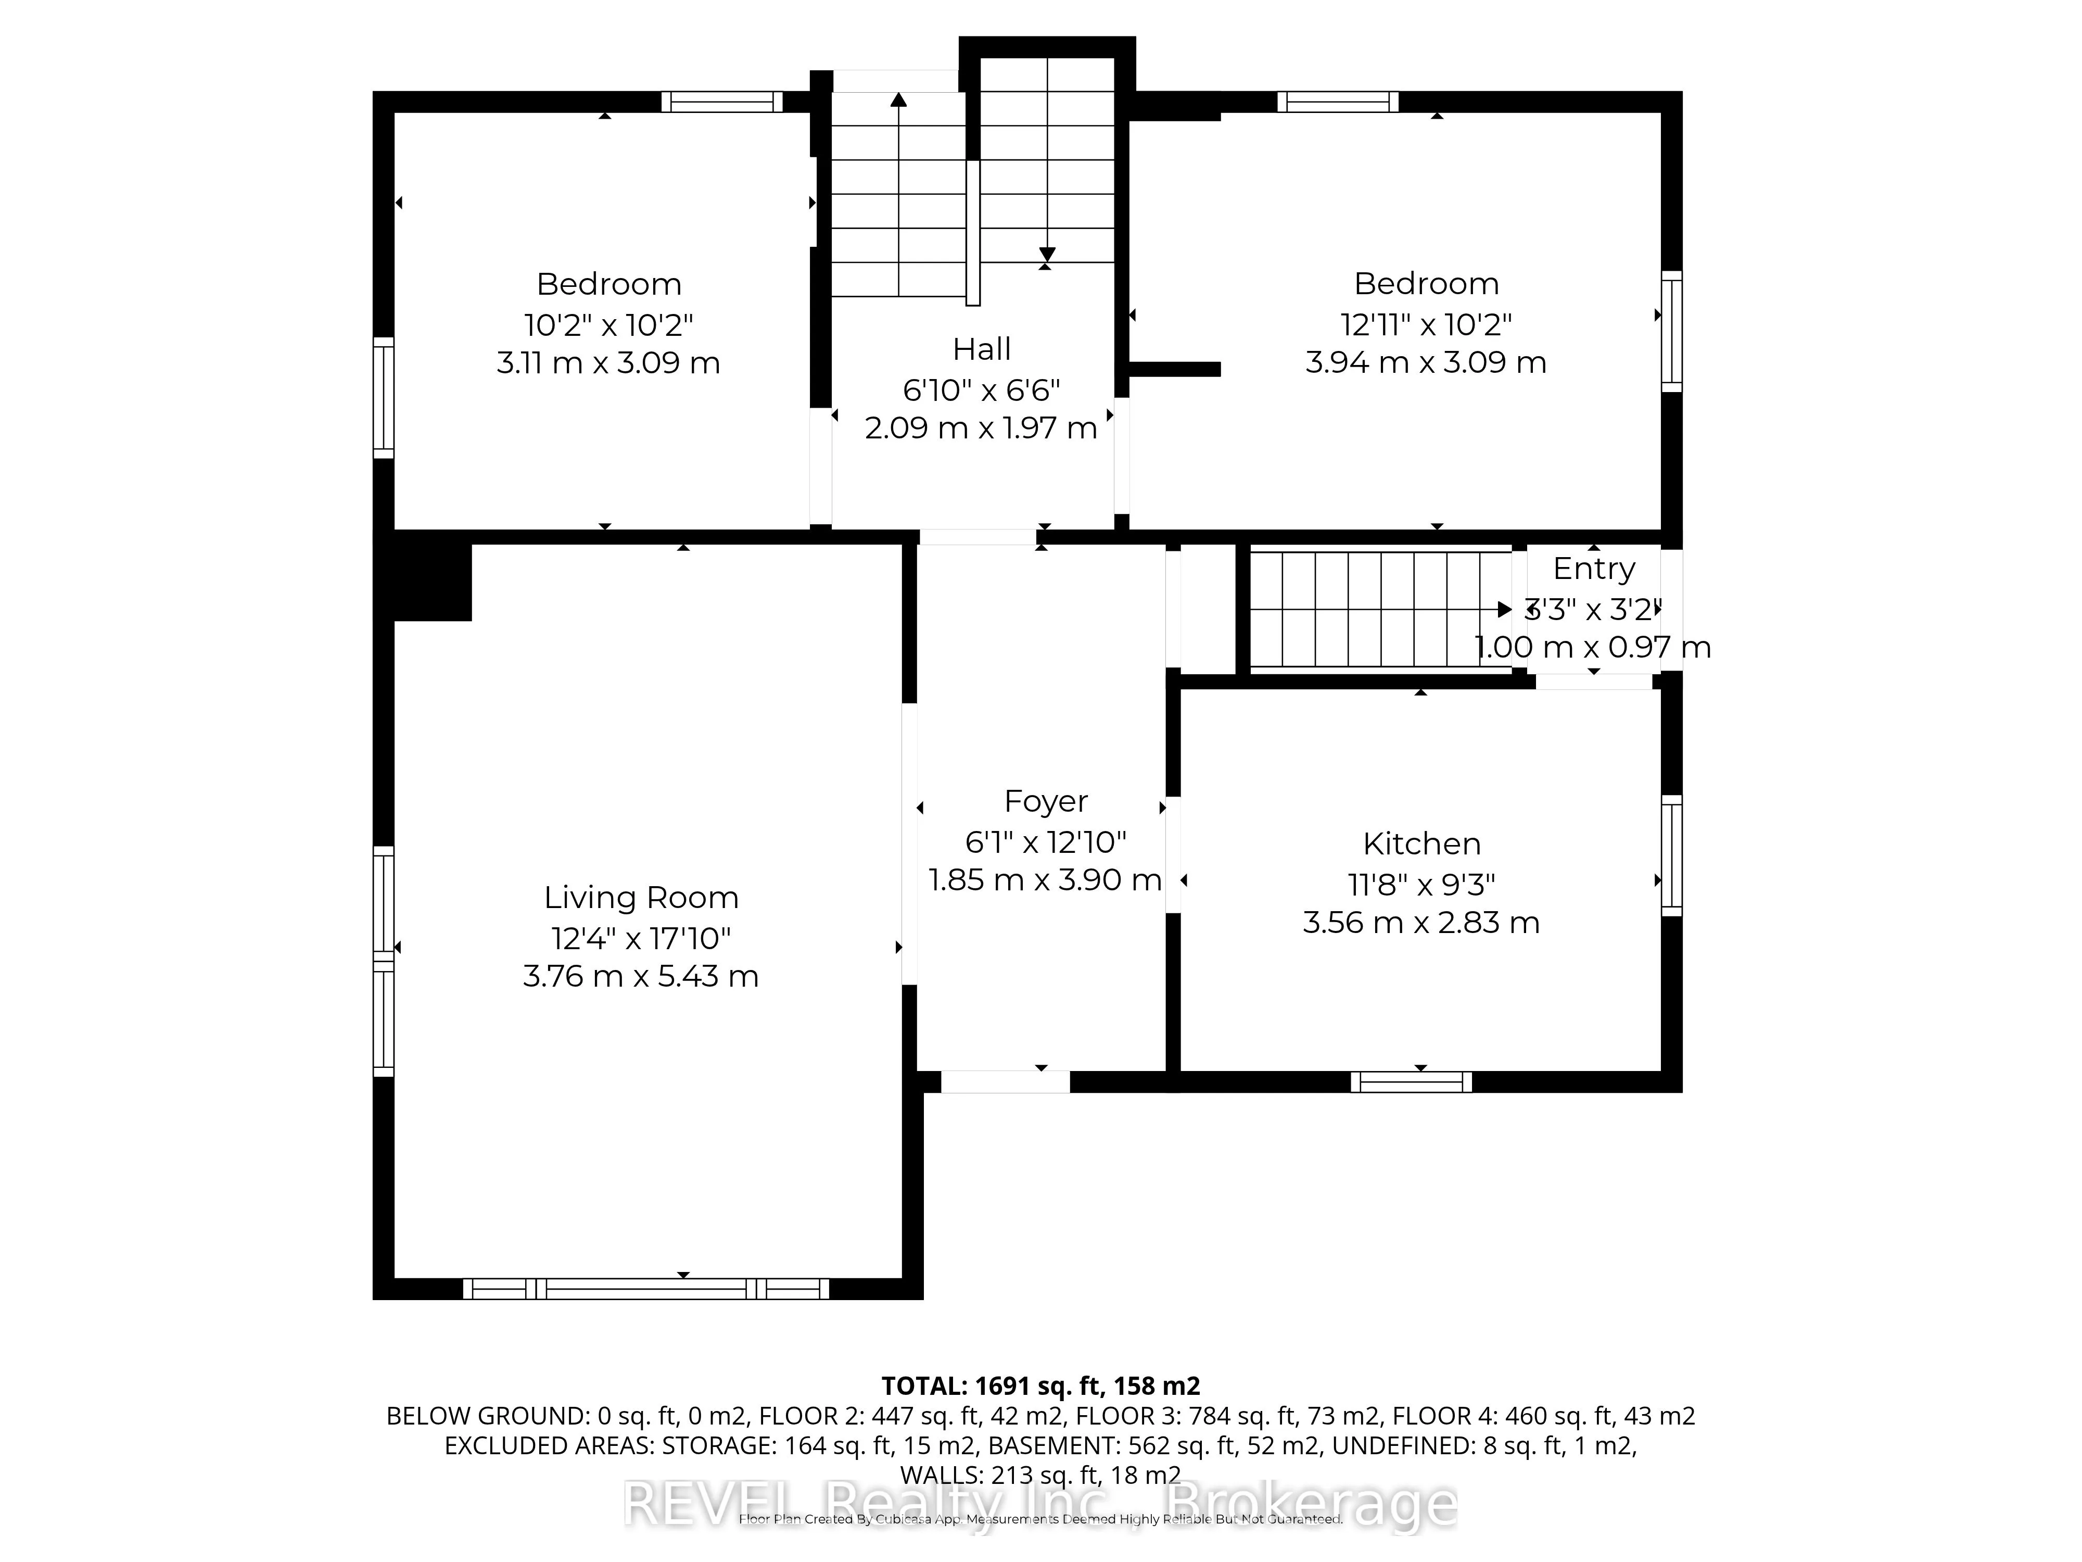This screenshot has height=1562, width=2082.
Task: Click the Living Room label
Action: point(641,897)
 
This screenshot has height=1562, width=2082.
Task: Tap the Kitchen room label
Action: point(1421,843)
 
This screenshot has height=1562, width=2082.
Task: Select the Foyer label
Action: point(1046,801)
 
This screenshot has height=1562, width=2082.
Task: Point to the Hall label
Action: point(982,349)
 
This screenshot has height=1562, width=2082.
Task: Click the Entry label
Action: point(1593,569)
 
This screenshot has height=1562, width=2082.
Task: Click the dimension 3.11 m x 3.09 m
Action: point(608,362)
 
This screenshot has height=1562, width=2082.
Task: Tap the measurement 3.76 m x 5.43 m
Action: point(641,976)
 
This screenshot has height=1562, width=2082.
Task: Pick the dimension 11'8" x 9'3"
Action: point(1421,885)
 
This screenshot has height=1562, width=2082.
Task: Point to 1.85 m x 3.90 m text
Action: point(1045,879)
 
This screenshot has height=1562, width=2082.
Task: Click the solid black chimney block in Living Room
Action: point(431,583)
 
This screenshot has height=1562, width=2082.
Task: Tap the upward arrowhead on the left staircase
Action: point(899,99)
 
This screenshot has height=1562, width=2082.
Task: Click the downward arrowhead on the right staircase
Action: point(1047,254)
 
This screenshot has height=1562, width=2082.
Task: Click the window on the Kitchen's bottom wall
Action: point(1411,1082)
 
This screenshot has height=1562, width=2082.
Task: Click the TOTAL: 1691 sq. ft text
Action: point(1040,1386)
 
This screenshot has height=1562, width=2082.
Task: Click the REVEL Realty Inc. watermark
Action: point(1040,1505)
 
